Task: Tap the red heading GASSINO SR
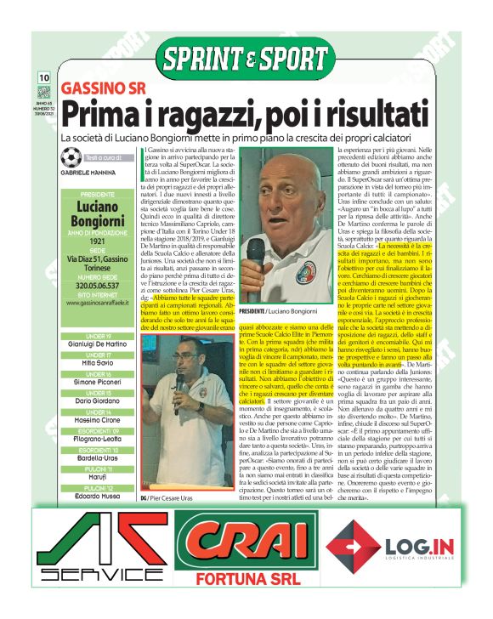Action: (x=103, y=88)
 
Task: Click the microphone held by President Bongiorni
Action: (x=255, y=251)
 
